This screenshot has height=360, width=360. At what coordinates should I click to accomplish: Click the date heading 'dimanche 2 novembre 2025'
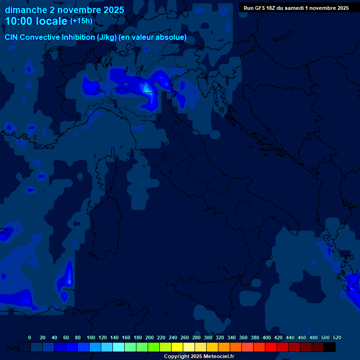pyautogui.click(x=64, y=10)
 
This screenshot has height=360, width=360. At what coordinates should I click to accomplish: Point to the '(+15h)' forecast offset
pyautogui.click(x=81, y=21)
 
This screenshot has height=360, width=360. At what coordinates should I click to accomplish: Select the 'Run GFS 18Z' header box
pyautogui.click(x=296, y=8)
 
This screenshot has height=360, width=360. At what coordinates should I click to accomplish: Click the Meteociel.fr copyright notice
pyautogui.click(x=199, y=356)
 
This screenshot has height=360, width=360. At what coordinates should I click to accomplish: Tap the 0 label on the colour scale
pyautogui.click(x=30, y=337)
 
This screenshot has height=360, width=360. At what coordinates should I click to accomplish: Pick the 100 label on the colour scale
pyautogui.click(x=91, y=337)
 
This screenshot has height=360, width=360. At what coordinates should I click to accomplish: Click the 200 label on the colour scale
pyautogui.click(x=150, y=337)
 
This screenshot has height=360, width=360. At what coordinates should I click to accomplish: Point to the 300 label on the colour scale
pyautogui.click(x=208, y=337)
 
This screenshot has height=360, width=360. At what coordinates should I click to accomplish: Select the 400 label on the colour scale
pyautogui.click(x=267, y=337)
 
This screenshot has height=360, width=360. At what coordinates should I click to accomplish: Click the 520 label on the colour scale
pyautogui.click(x=337, y=337)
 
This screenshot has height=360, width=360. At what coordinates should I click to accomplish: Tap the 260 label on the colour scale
pyautogui.click(x=185, y=337)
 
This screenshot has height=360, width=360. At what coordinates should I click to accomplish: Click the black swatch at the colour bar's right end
pyautogui.click(x=330, y=347)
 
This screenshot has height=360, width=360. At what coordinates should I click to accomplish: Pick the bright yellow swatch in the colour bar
pyautogui.click(x=177, y=347)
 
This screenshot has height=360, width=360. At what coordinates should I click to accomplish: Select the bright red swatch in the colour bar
pyautogui.click(x=271, y=347)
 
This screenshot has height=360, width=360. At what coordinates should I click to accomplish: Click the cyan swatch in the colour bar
pyautogui.click(x=119, y=347)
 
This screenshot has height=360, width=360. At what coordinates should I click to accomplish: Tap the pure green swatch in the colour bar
pyautogui.click(x=154, y=347)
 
